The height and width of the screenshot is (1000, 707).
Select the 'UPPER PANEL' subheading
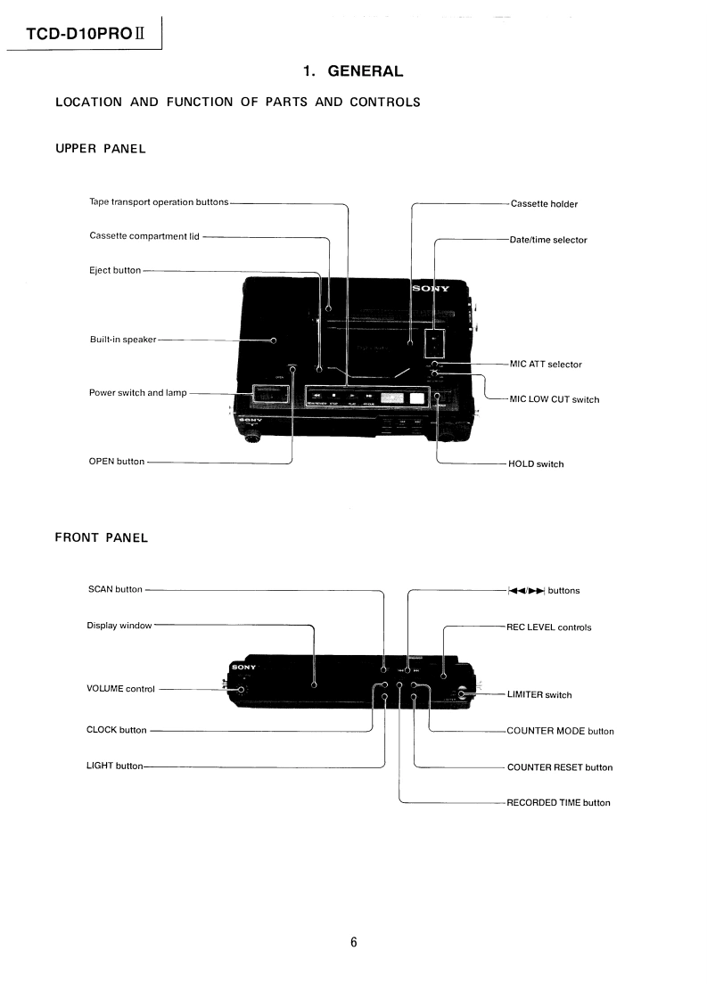(100, 149)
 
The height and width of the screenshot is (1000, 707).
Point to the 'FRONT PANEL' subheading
(101, 537)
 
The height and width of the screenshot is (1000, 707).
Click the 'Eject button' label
(115, 270)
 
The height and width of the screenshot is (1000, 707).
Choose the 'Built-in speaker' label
(123, 340)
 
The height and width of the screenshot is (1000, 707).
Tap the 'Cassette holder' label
(544, 204)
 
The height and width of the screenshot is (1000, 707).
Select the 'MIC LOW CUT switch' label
(554, 399)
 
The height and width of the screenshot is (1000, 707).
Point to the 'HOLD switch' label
(536, 463)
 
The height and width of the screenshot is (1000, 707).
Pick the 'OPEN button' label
(117, 462)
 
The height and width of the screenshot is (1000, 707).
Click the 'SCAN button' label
(115, 589)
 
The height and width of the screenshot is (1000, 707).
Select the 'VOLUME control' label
(120, 689)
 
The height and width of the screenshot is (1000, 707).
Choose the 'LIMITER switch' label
(539, 695)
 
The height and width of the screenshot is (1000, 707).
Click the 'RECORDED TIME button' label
(558, 803)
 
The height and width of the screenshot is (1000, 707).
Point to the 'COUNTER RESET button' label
(559, 767)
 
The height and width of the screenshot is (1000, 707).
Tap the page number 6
(354, 943)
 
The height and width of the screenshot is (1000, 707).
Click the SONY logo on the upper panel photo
(431, 289)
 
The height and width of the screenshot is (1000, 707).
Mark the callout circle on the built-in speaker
(274, 340)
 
